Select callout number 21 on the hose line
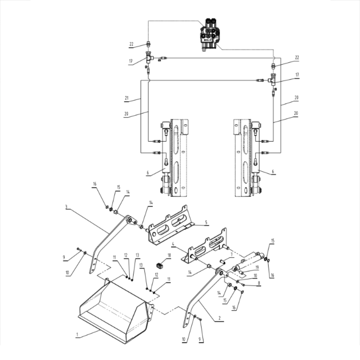[x=126, y=98]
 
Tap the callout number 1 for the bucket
[x=77, y=334]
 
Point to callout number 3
[x=66, y=207]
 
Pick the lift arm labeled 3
[x=110, y=243]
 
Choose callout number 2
[x=220, y=318]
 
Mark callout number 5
[x=206, y=222]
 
